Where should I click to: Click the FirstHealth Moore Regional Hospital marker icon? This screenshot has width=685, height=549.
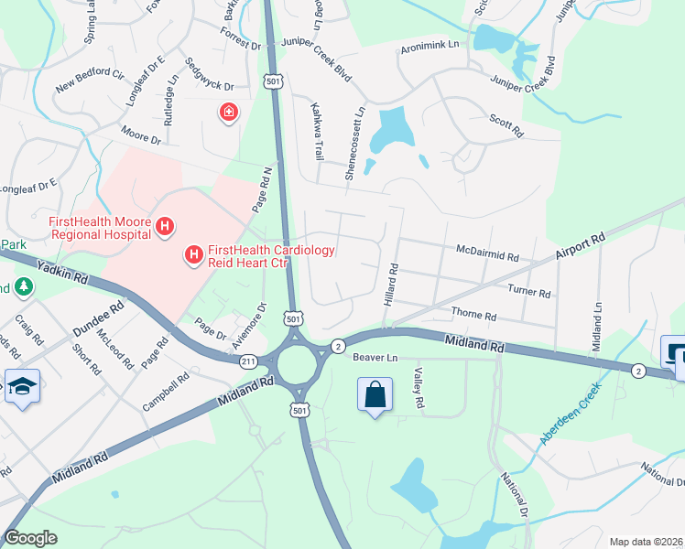[x=165, y=226]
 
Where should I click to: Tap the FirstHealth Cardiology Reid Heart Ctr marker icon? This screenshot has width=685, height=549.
[x=194, y=255]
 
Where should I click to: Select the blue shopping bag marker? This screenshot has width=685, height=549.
[x=375, y=396]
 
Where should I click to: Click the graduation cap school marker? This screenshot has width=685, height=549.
[x=18, y=387]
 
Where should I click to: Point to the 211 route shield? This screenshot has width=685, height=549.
[x=248, y=361]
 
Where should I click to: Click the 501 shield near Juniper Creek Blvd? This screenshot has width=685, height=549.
[x=273, y=81]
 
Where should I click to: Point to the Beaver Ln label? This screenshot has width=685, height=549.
[x=376, y=357]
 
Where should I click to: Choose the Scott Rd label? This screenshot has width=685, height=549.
[x=505, y=125]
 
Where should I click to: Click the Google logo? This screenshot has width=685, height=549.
[x=30, y=537]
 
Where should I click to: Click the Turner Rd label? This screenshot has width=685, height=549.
[x=528, y=292]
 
